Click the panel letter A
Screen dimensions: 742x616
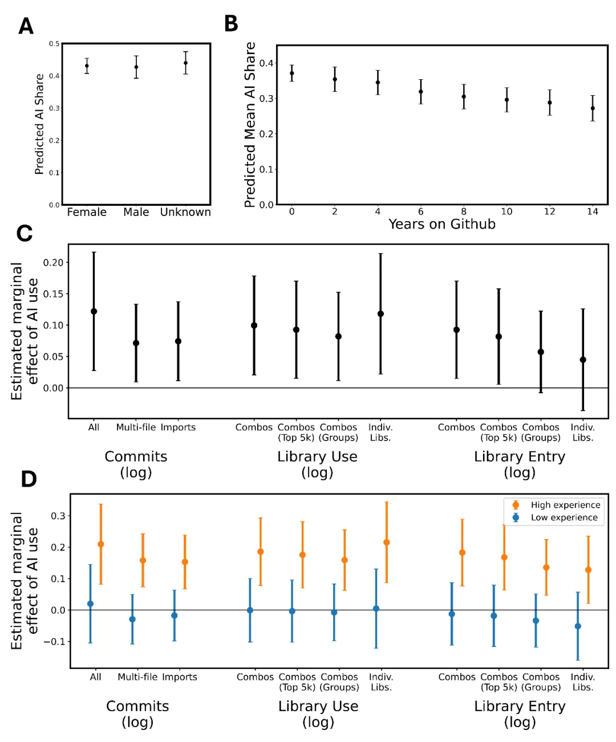pyautogui.click(x=26, y=26)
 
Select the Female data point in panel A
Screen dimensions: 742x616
pyautogui.click(x=87, y=66)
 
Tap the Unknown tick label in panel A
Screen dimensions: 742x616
pyautogui.click(x=185, y=212)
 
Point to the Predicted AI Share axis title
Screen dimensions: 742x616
pyautogui.click(x=39, y=124)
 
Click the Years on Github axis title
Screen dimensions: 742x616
pyautogui.click(x=441, y=224)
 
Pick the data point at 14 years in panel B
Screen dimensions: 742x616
pyautogui.click(x=593, y=108)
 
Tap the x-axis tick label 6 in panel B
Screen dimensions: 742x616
pyautogui.click(x=420, y=211)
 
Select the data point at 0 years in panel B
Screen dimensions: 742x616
pyautogui.click(x=292, y=73)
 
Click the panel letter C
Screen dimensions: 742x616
pyautogui.click(x=25, y=234)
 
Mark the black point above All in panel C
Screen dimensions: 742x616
pyautogui.click(x=94, y=311)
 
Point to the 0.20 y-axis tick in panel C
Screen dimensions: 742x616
pyautogui.click(x=53, y=263)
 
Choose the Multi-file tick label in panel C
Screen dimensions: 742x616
pyautogui.click(x=136, y=427)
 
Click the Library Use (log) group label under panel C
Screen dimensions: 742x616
pyautogui.click(x=317, y=464)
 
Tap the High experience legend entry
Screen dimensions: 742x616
pyautogui.click(x=565, y=505)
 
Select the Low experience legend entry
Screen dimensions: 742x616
pyautogui.click(x=564, y=517)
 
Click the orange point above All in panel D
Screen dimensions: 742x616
pyautogui.click(x=101, y=544)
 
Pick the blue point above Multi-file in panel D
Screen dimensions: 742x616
pyautogui.click(x=132, y=619)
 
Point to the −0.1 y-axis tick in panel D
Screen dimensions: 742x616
pyautogui.click(x=54, y=642)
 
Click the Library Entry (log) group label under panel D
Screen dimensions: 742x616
pyautogui.click(x=520, y=714)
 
